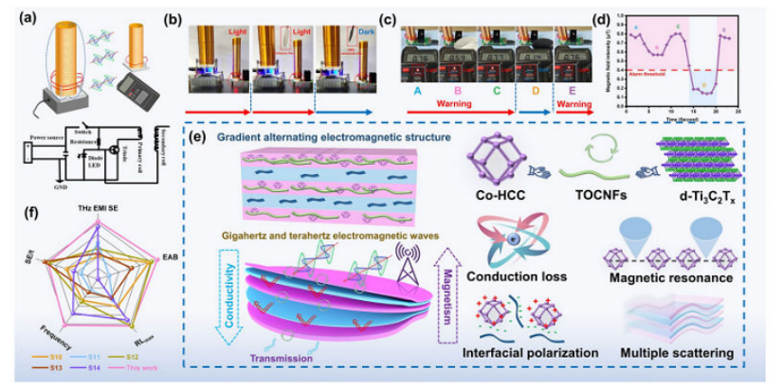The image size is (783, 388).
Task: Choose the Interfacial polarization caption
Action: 521,353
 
